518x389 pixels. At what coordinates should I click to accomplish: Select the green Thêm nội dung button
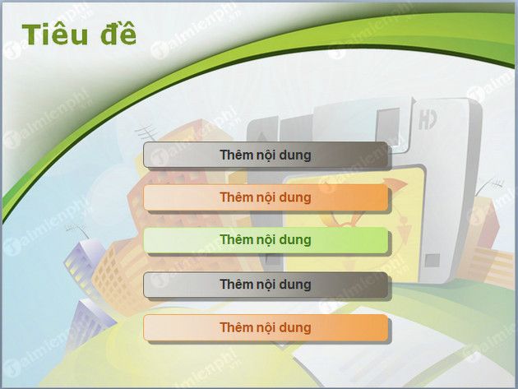266,240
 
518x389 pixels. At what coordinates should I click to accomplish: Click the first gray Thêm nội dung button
266,154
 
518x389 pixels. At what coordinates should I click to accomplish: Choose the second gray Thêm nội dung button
266,284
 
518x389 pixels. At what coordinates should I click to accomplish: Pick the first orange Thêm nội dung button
266,197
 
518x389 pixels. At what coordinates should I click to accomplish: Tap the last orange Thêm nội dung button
266,327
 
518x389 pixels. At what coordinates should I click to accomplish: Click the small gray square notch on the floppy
432,261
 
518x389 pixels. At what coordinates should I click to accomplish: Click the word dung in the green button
294,240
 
